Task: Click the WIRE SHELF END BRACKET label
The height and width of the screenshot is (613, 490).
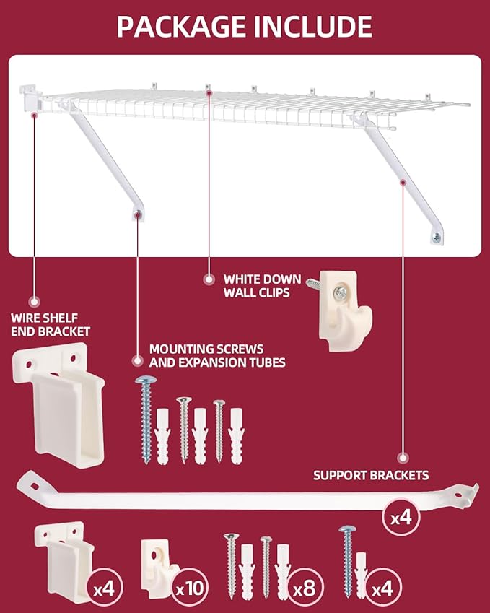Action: point(51,324)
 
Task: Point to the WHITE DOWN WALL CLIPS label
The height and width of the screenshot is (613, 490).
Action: point(256,286)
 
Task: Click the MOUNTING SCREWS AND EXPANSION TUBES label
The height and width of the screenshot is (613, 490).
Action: point(217,355)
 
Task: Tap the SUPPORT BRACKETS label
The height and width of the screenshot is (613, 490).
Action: point(371,475)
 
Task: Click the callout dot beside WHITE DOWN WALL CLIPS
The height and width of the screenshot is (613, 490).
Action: point(209,279)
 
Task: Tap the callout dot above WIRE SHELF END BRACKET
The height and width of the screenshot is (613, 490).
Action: point(33,300)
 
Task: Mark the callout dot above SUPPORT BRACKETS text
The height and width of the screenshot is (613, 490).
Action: point(403,457)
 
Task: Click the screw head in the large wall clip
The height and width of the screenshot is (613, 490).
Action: point(339,292)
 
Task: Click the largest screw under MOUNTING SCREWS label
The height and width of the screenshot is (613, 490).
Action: point(146,419)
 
